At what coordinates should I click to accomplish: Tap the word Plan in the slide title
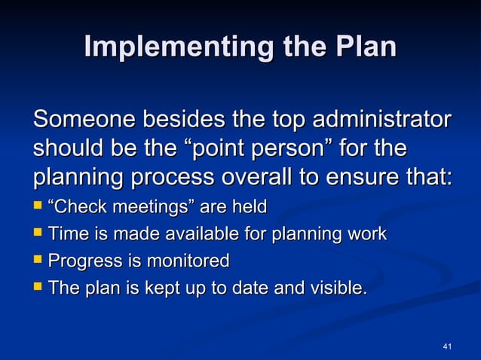[365, 47]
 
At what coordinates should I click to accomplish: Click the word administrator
[382, 120]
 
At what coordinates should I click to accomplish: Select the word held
[250, 206]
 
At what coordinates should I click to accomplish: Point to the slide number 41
[447, 346]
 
